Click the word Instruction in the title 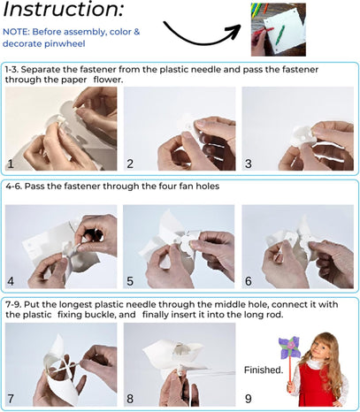[x=60, y=9]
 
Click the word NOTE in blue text [x=15, y=32]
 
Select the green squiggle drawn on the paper [x=280, y=35]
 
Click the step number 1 [x=11, y=164]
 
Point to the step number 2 [x=130, y=164]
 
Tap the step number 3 [x=249, y=164]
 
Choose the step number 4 [x=11, y=281]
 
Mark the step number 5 [x=130, y=281]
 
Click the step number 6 [x=249, y=281]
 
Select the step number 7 [x=11, y=399]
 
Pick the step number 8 [x=130, y=399]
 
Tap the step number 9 [x=249, y=399]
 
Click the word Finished [x=264, y=370]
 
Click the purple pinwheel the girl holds [x=289, y=347]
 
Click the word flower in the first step [x=108, y=80]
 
